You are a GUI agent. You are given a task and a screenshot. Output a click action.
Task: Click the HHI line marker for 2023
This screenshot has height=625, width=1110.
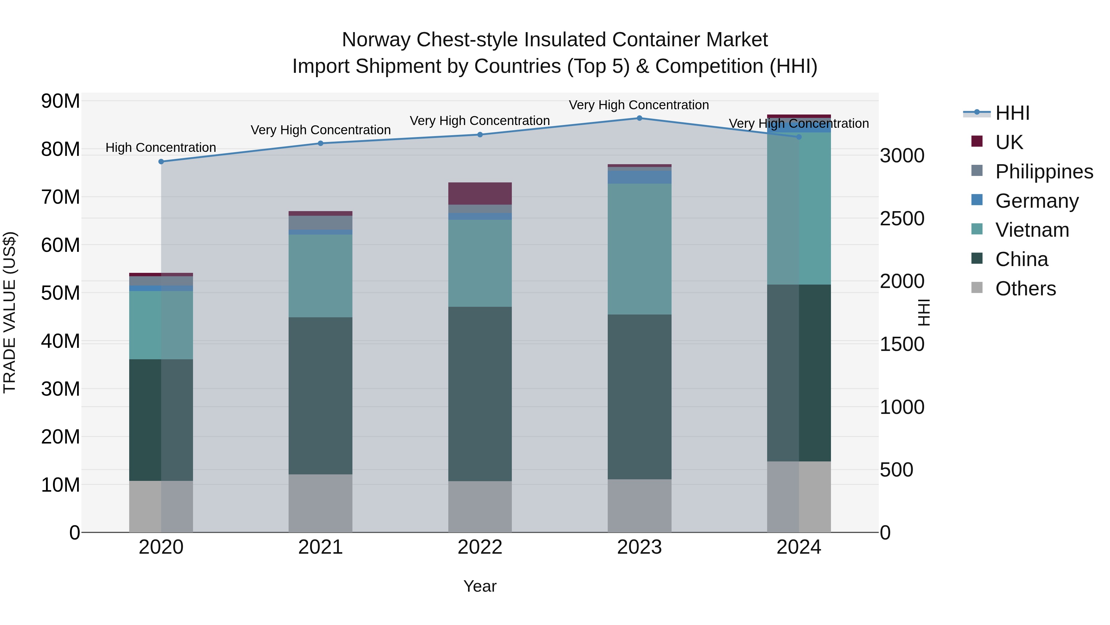pos(639,118)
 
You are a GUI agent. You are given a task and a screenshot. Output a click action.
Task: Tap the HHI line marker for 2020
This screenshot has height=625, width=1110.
pos(161,162)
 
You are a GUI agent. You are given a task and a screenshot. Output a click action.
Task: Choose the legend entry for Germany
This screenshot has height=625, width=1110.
pos(1036,201)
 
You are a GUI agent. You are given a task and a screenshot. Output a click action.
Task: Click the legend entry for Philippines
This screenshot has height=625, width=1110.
pos(1044,172)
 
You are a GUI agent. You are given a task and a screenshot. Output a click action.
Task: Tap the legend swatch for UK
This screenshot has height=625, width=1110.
pos(977,141)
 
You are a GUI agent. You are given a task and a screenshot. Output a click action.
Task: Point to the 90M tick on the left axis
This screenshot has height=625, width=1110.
pos(60,101)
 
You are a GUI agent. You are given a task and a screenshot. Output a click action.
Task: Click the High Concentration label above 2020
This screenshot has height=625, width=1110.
pos(161,148)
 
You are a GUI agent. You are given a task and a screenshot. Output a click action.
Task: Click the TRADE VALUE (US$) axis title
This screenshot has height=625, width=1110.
pos(10,312)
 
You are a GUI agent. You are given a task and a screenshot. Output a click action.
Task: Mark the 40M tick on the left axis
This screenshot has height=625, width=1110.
pos(60,341)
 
